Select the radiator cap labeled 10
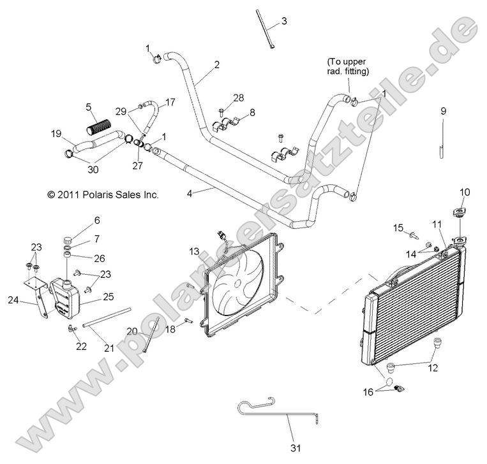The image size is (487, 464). click(x=458, y=213)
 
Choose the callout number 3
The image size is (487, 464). click(x=284, y=21)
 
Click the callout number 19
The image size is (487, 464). click(x=56, y=134)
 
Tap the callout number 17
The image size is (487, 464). click(x=170, y=101)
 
